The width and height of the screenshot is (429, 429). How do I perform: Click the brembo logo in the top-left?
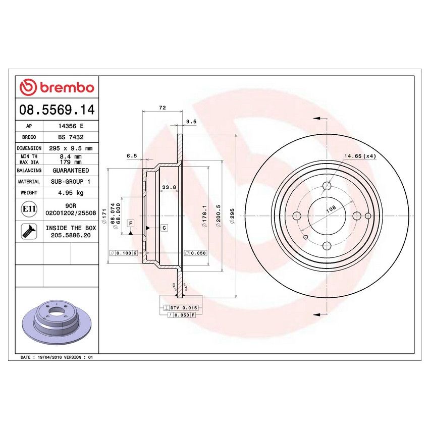coord(57,88)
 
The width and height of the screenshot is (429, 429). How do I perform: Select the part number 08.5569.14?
coord(57,109)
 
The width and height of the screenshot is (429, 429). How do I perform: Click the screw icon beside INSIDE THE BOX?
coord(29,232)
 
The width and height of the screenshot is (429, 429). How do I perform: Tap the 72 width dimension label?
coord(162,108)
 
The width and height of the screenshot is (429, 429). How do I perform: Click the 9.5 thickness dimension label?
coord(191,122)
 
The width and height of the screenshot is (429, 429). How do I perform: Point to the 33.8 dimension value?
coord(169,188)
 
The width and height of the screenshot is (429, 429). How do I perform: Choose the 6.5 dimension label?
coord(132,156)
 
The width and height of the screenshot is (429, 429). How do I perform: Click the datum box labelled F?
coord(130,223)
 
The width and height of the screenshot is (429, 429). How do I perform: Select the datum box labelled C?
coord(164,228)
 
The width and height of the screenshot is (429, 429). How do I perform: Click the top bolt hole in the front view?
coord(327,186)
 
